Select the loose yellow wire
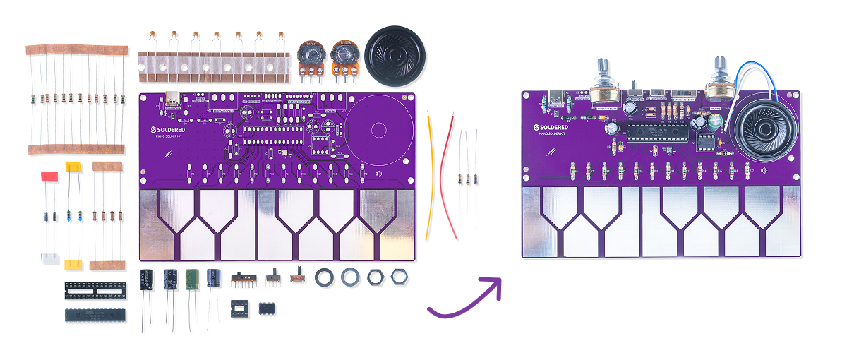(x=428, y=176)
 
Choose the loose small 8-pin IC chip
(x=267, y=308)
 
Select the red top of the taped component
(x=49, y=176)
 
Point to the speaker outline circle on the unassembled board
(x=378, y=128)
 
